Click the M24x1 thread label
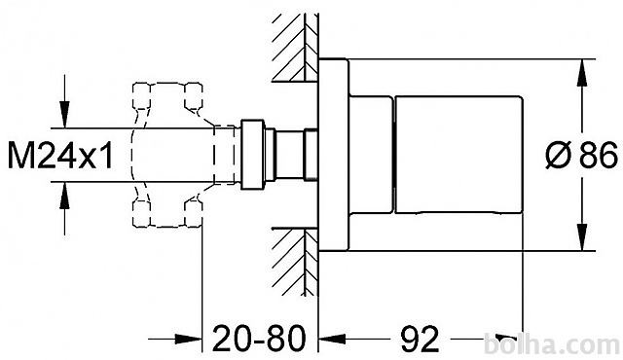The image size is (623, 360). point(60,156)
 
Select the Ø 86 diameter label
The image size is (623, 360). point(582,156)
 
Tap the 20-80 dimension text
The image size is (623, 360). point(259,339)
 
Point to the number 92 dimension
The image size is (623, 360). point(420,339)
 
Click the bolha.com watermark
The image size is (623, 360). point(552,344)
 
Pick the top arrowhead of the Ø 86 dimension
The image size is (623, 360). point(582,72)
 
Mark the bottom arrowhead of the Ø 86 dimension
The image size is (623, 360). point(582,237)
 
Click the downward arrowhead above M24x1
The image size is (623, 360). point(64,115)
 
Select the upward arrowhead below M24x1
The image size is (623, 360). point(64,196)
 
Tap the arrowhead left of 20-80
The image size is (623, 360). point(188,339)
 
